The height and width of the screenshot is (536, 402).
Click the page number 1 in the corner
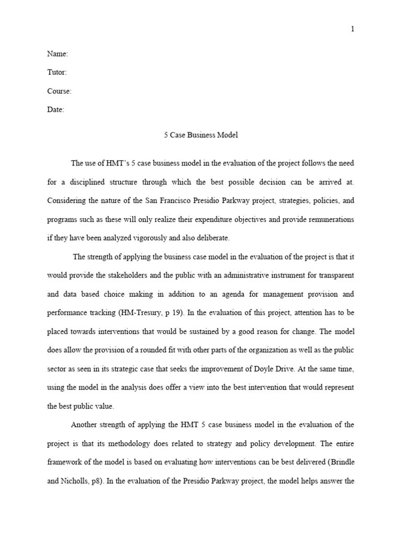tap(353, 29)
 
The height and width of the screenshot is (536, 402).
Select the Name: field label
tap(58, 54)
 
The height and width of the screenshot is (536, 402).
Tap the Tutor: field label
tap(57, 73)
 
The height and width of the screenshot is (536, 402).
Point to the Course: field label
tap(59, 91)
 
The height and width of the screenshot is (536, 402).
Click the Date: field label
tap(55, 110)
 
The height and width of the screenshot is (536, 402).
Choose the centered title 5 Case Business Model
tap(201, 135)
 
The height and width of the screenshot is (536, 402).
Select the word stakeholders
tap(130, 275)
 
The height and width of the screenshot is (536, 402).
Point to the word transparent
tap(336, 275)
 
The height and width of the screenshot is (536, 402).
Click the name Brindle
tap(342, 462)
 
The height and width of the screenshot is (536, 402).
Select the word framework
tap(66, 462)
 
